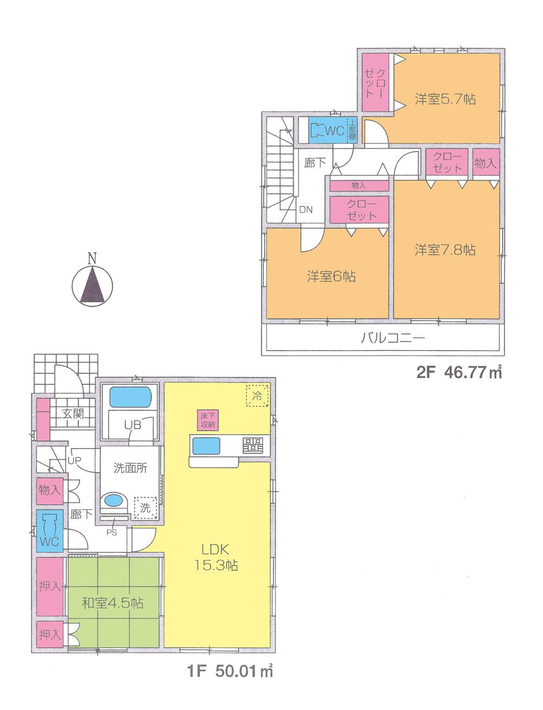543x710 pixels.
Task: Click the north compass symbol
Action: coord(93,283)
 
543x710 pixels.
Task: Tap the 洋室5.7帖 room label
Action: coord(445,99)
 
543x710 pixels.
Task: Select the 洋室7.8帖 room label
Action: coord(445,250)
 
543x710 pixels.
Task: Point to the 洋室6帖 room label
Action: coord(331,277)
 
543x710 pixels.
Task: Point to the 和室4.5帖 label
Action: coord(113,603)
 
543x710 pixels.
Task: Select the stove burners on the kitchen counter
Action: coord(252,445)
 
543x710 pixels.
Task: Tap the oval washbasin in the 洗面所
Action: coord(113,500)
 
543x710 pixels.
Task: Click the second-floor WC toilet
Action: coord(317,130)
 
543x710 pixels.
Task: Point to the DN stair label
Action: coord(306,209)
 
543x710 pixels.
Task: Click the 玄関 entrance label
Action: coord(72,413)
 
